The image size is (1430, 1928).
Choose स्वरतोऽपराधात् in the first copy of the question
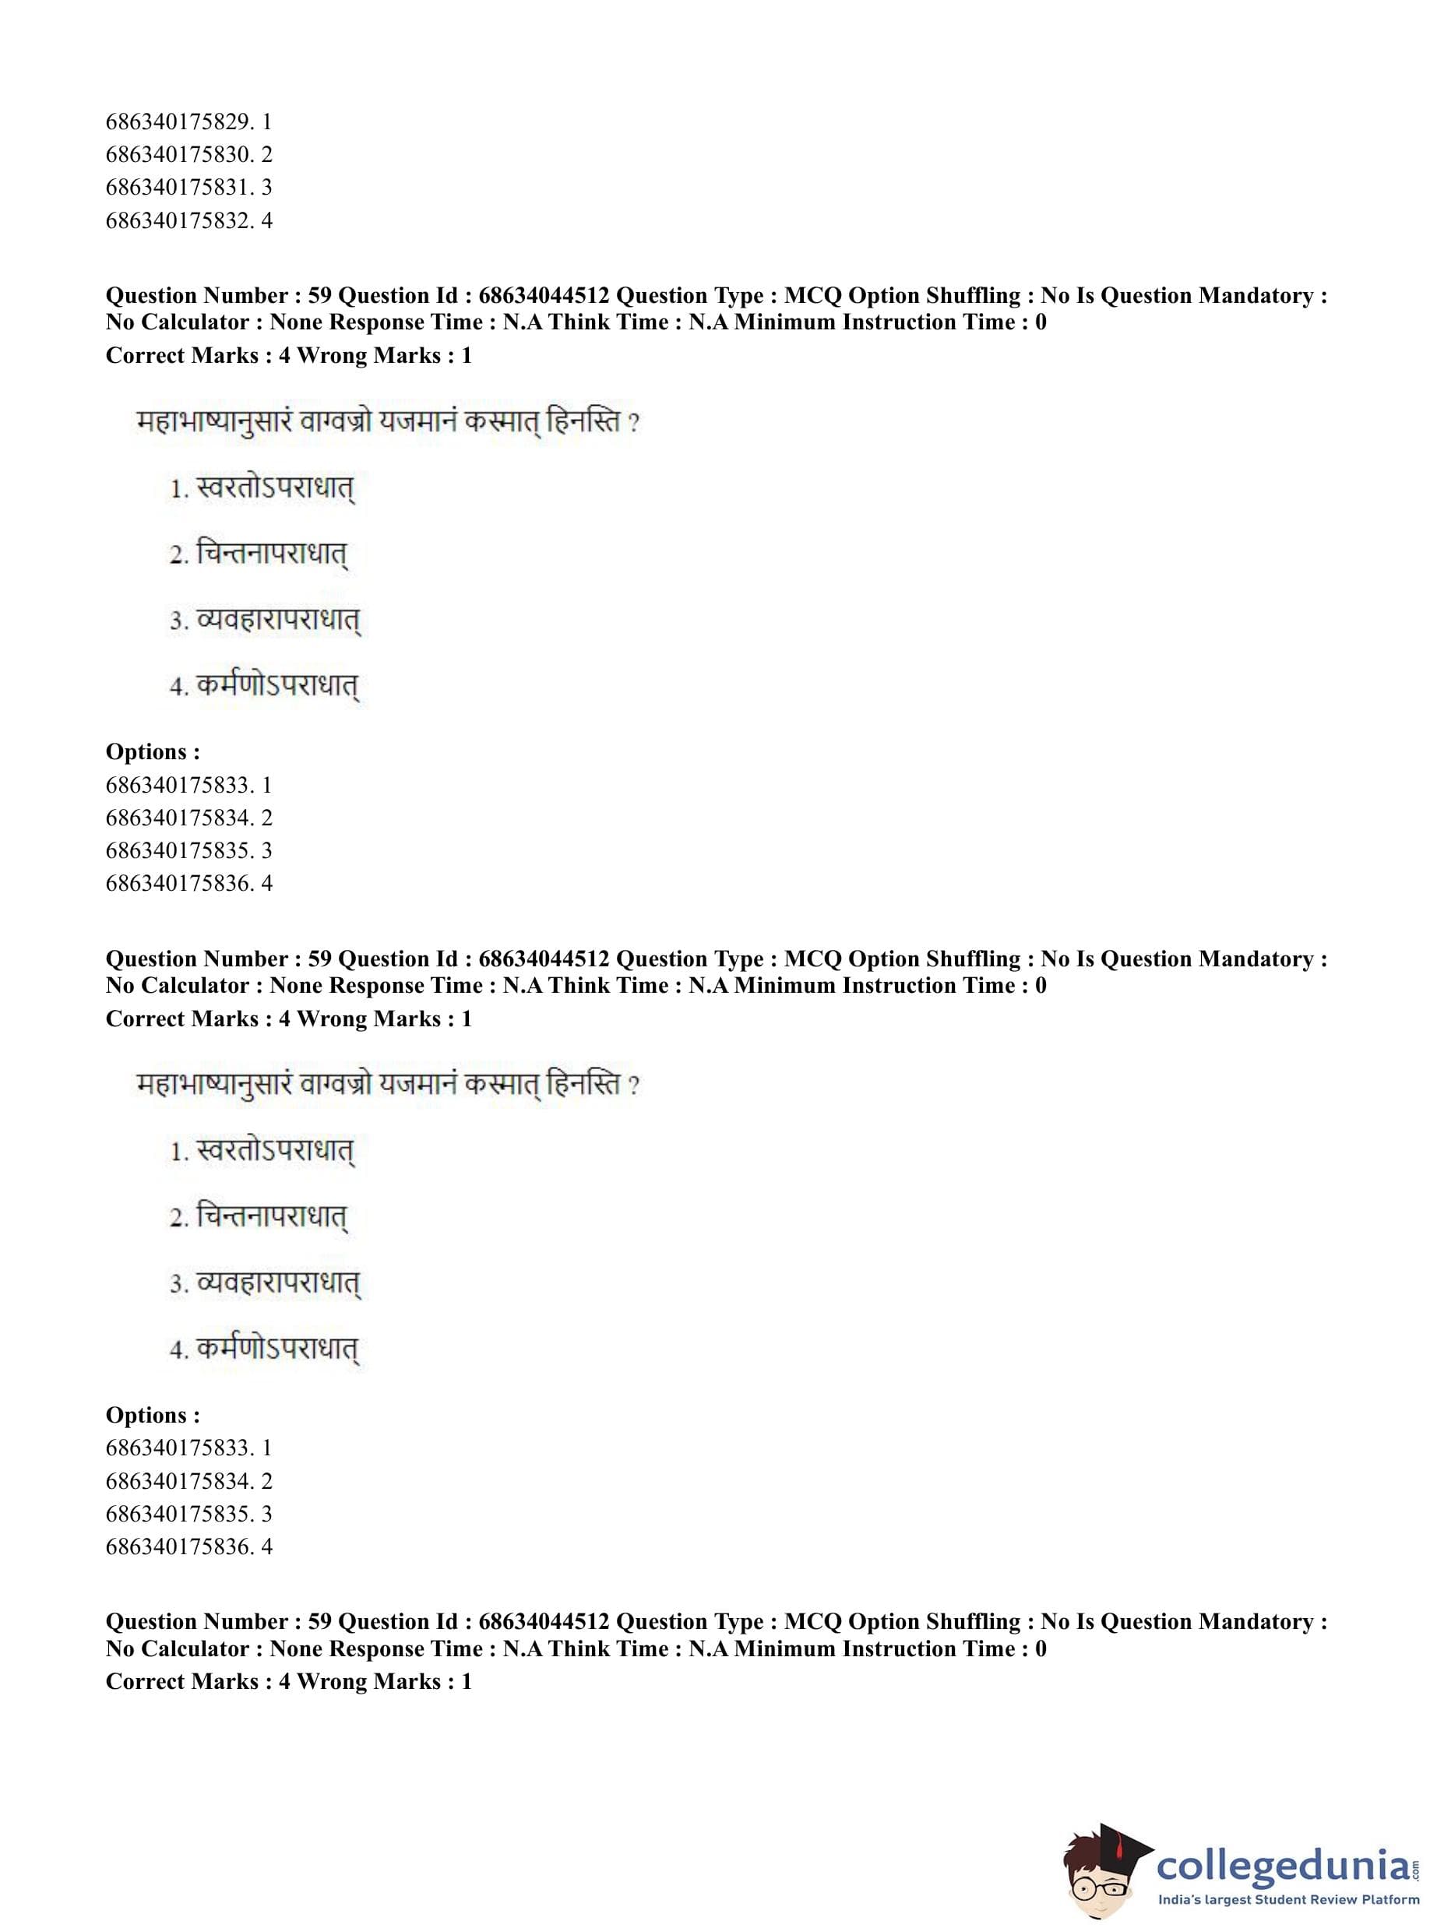pos(275,490)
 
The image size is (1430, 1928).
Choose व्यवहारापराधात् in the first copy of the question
pos(278,621)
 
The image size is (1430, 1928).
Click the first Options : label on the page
pos(153,752)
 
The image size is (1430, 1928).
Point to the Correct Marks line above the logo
pos(288,1681)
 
